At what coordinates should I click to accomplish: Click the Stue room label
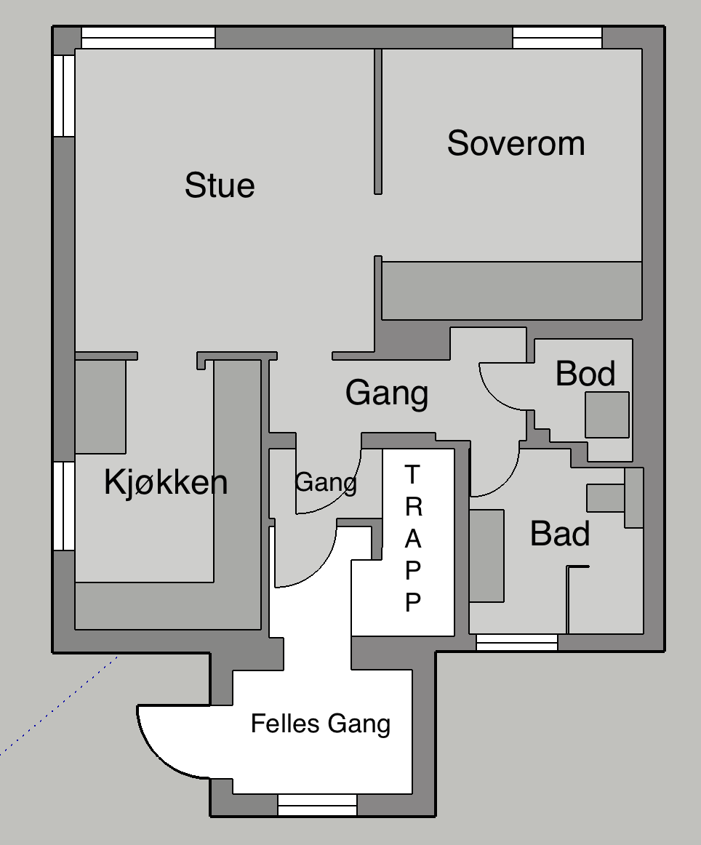pyautogui.click(x=220, y=185)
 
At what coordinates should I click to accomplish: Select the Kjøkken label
pyautogui.click(x=166, y=481)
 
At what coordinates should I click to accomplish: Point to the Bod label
pyautogui.click(x=585, y=374)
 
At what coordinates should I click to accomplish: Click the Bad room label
pyautogui.click(x=560, y=534)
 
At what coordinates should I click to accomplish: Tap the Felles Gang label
pyautogui.click(x=321, y=724)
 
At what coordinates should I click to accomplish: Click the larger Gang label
pyautogui.click(x=387, y=393)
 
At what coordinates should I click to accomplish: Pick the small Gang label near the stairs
pyautogui.click(x=326, y=482)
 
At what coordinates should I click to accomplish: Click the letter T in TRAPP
pyautogui.click(x=412, y=475)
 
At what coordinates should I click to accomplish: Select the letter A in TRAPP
pyautogui.click(x=413, y=538)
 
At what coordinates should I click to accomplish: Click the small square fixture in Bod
pyautogui.click(x=607, y=415)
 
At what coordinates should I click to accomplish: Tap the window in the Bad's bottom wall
pyautogui.click(x=517, y=642)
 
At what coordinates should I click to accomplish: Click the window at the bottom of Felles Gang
pyautogui.click(x=317, y=805)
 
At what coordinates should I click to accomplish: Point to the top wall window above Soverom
pyautogui.click(x=557, y=38)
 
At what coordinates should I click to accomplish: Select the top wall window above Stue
pyautogui.click(x=148, y=38)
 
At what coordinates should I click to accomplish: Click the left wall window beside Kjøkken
pyautogui.click(x=64, y=505)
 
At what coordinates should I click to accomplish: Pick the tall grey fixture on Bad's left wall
pyautogui.click(x=486, y=556)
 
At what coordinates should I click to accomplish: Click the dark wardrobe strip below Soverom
pyautogui.click(x=512, y=290)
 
